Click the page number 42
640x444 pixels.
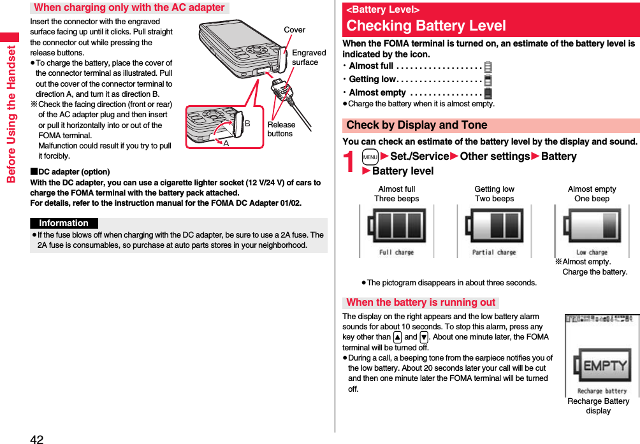(x=36, y=439)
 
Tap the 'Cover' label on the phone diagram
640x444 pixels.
(x=295, y=30)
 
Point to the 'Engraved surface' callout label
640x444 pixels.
(x=309, y=57)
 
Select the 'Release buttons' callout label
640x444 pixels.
(x=281, y=129)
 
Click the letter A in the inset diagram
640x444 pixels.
(x=226, y=143)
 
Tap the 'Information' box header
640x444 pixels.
(x=64, y=223)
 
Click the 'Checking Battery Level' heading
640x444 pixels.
(x=426, y=25)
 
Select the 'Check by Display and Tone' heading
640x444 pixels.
(x=417, y=125)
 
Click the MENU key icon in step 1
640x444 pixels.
(x=370, y=157)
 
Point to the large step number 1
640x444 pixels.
(x=350, y=162)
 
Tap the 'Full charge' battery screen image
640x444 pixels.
(x=396, y=232)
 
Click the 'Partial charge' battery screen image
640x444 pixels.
(x=494, y=232)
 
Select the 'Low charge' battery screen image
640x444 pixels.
(x=592, y=232)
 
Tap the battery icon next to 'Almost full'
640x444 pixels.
(x=488, y=66)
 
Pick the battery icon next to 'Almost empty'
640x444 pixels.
(x=488, y=93)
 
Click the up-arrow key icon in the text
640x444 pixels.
(x=397, y=337)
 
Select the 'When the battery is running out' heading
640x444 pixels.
(x=421, y=303)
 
